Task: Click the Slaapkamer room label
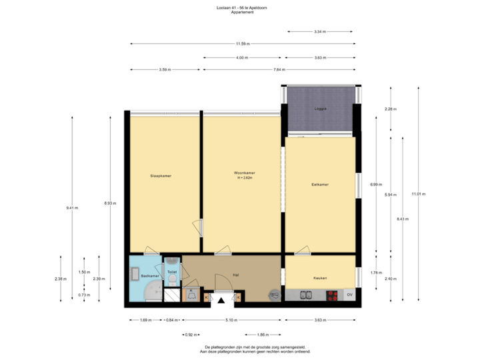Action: pos(161,176)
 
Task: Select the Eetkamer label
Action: pos(320,184)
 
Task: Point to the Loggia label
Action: pos(319,109)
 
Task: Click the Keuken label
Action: pos(320,277)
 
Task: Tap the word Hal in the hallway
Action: pos(236,274)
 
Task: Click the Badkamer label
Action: pos(150,275)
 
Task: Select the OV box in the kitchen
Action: pos(349,295)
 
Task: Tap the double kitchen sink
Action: pos(307,295)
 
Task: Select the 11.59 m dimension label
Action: pos(243,44)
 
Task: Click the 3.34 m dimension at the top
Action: pos(319,31)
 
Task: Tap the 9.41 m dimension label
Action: pos(71,208)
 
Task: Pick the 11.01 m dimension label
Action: pos(418,194)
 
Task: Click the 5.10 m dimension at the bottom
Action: pos(231,320)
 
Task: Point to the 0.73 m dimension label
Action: pos(84,294)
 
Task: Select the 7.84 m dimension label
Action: pos(279,69)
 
